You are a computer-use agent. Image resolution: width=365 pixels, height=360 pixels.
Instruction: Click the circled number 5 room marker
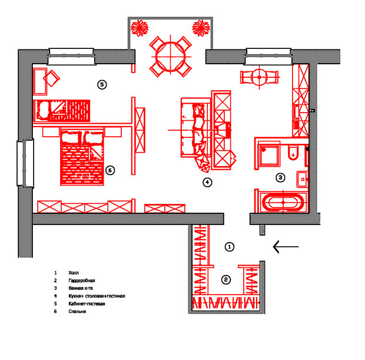coord(102,85)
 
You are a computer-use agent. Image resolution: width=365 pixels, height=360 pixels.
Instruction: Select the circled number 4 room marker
coord(207,183)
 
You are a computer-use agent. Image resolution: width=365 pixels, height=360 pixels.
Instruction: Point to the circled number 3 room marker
coord(281,177)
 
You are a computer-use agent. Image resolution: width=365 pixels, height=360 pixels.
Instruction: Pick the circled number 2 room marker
coord(225,280)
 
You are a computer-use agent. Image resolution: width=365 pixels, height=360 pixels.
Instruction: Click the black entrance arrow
coord(286,246)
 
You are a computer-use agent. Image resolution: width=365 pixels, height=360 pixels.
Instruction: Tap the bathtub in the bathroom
coord(284,202)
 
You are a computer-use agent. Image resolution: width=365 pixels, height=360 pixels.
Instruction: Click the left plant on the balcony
coord(141,27)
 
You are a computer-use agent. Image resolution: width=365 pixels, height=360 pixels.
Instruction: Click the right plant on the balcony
coord(201,27)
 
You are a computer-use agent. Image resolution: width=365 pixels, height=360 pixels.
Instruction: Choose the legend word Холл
coord(74,273)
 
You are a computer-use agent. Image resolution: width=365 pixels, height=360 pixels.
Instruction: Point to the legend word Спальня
coord(77,312)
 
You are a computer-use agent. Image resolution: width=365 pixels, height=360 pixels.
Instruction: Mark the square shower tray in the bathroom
coord(271,155)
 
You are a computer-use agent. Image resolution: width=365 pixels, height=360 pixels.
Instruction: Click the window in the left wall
coord(25,163)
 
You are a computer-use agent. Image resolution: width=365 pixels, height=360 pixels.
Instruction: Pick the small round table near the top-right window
coord(257,77)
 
